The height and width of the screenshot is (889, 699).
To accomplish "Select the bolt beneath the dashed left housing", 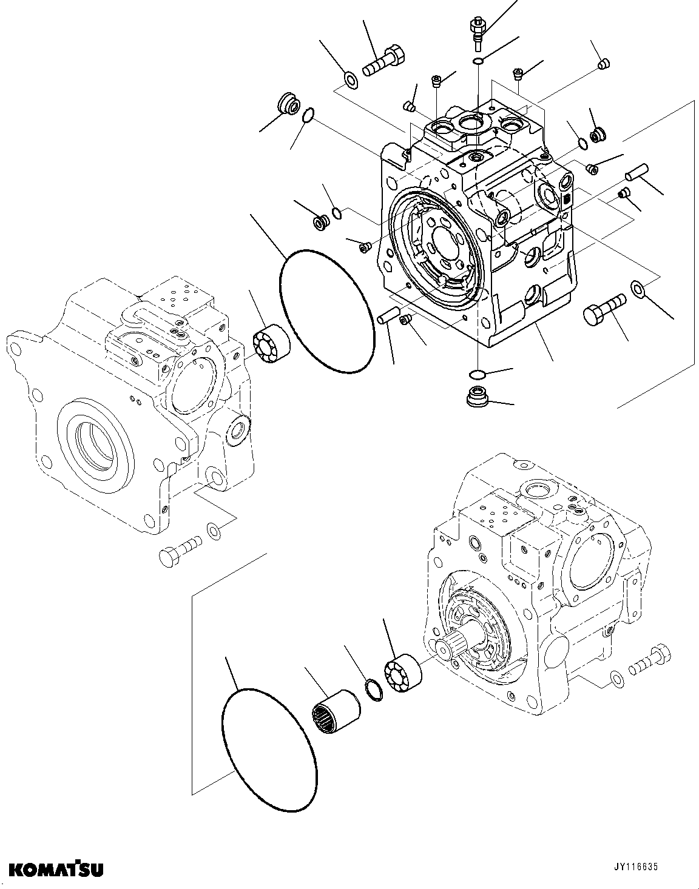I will pos(180,546).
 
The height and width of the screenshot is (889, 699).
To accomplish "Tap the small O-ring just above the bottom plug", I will pos(478,373).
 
